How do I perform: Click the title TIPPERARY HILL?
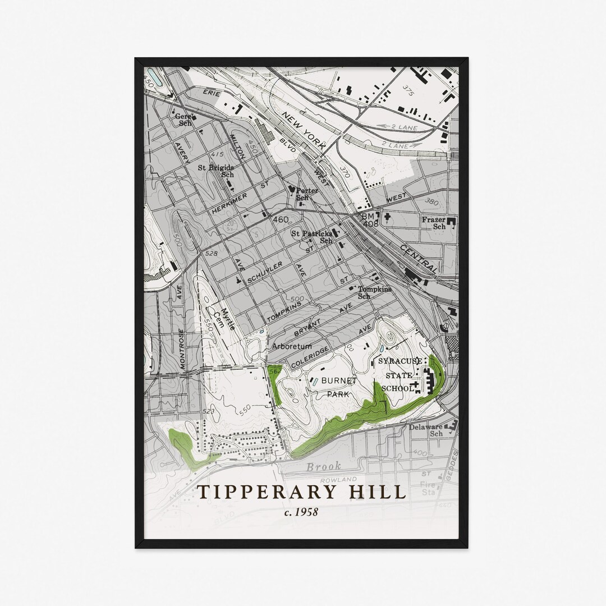[x=301, y=492]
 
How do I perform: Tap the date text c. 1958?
[x=301, y=512]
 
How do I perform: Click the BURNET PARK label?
[x=339, y=387]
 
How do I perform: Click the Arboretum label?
[x=291, y=346]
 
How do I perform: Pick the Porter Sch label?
[x=306, y=194]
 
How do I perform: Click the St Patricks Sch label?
[x=310, y=236]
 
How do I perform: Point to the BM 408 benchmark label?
[x=370, y=219]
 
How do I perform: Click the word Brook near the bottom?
[x=324, y=467]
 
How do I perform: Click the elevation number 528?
[x=212, y=254]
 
